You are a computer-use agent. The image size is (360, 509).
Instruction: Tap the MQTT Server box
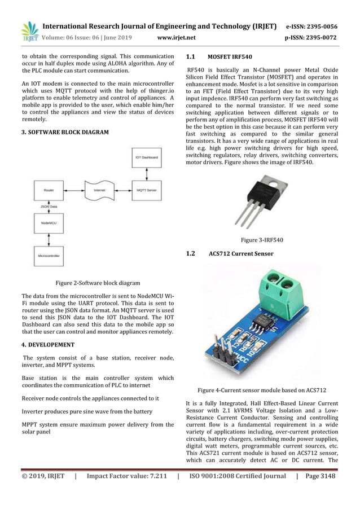point(146,190)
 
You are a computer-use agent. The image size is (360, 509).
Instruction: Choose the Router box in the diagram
point(49,190)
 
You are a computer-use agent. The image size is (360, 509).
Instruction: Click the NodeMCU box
point(49,223)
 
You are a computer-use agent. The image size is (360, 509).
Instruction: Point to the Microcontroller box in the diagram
point(49,256)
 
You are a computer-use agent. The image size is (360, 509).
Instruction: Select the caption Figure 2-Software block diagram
point(98,282)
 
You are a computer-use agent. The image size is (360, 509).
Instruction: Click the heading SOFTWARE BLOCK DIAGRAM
point(68,133)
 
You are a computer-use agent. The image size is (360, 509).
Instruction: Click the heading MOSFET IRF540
point(230,58)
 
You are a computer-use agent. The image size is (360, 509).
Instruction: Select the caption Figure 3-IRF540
point(262,240)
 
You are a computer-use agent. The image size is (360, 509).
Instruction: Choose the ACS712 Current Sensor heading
point(241,254)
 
